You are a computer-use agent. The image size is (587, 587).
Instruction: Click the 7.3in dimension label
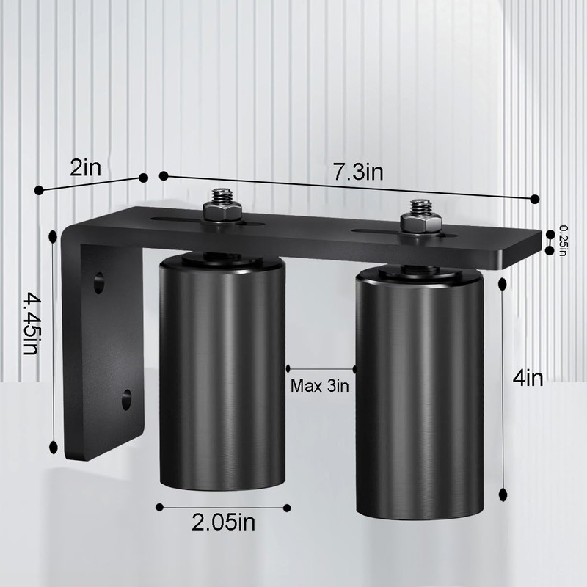click(x=357, y=172)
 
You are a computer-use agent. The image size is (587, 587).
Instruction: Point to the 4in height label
click(x=528, y=379)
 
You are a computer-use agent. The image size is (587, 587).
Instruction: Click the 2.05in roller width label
click(x=223, y=523)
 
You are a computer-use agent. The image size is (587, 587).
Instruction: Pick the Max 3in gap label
click(x=319, y=386)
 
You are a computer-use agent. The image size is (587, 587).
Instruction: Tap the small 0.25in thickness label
click(x=563, y=241)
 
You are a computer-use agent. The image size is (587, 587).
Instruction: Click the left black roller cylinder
click(x=222, y=374)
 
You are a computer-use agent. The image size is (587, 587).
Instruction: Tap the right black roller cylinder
click(x=419, y=396)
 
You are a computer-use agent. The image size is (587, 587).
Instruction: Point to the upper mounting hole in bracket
click(x=98, y=282)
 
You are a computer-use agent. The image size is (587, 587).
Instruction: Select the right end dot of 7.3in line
click(x=536, y=199)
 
